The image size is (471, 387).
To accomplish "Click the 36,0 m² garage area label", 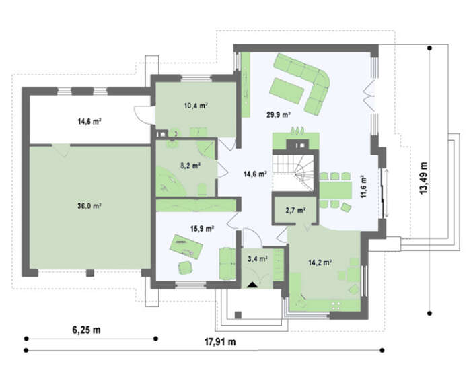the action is pyautogui.click(x=89, y=206).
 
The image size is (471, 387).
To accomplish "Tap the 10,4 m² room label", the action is pyautogui.click(x=196, y=106).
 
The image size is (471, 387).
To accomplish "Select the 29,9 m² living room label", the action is pyautogui.click(x=279, y=114).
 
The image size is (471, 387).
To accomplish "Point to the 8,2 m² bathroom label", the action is pyautogui.click(x=190, y=166).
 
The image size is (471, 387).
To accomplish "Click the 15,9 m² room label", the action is pyautogui.click(x=202, y=229).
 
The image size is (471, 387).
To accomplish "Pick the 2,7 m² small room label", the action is pyautogui.click(x=295, y=210).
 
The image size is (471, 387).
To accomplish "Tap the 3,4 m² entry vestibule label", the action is pyautogui.click(x=258, y=258).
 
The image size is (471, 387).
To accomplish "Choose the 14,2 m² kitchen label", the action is pyautogui.click(x=320, y=262).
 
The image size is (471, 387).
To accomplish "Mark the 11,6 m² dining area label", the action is pyautogui.click(x=363, y=186).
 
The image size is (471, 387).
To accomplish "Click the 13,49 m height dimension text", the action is pyautogui.click(x=423, y=178).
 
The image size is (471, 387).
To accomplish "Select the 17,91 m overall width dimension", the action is pyautogui.click(x=220, y=342).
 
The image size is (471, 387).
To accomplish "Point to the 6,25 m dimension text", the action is pyautogui.click(x=87, y=330).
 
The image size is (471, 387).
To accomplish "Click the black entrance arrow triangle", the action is pyautogui.click(x=252, y=285).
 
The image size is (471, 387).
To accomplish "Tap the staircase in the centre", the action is pyautogui.click(x=293, y=173).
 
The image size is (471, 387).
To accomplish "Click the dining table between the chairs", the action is pyautogui.click(x=336, y=190).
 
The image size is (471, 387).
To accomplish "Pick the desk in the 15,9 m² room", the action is pyautogui.click(x=186, y=246).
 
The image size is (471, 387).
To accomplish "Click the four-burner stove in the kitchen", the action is pyautogui.click(x=336, y=306).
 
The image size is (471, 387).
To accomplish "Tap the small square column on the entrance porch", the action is pyautogui.click(x=238, y=315).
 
